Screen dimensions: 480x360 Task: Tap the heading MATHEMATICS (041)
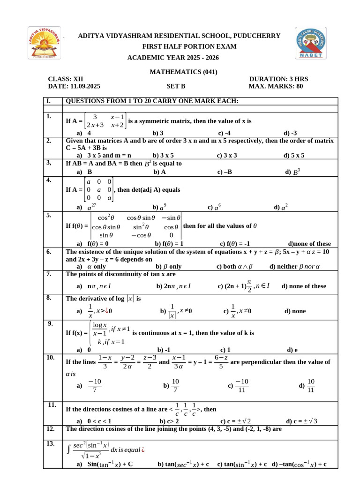tap(183, 72)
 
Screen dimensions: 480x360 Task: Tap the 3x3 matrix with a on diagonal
tap(98, 190)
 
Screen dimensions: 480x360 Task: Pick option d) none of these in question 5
tap(309, 244)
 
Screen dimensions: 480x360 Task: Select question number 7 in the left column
tap(49, 274)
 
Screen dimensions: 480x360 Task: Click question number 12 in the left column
tap(51, 429)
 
